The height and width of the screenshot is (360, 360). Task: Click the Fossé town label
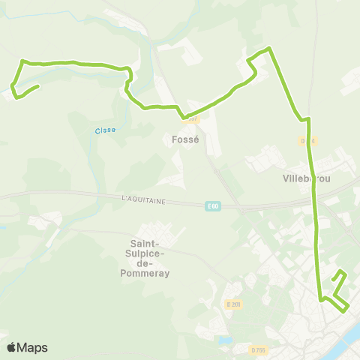click(x=185, y=139)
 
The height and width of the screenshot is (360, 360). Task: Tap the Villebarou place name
click(x=307, y=178)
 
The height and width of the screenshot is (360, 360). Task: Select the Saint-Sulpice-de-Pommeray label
click(x=150, y=258)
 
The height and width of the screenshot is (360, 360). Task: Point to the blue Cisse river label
click(x=105, y=130)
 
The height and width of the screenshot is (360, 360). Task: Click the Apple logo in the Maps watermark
click(x=13, y=347)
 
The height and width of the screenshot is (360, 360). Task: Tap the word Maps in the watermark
click(x=34, y=347)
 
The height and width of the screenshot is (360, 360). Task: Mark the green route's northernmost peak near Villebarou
click(x=268, y=49)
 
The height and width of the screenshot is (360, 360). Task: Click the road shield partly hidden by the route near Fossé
click(x=193, y=118)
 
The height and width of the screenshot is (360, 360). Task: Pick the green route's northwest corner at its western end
click(x=22, y=61)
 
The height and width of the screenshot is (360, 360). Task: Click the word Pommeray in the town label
click(x=150, y=274)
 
